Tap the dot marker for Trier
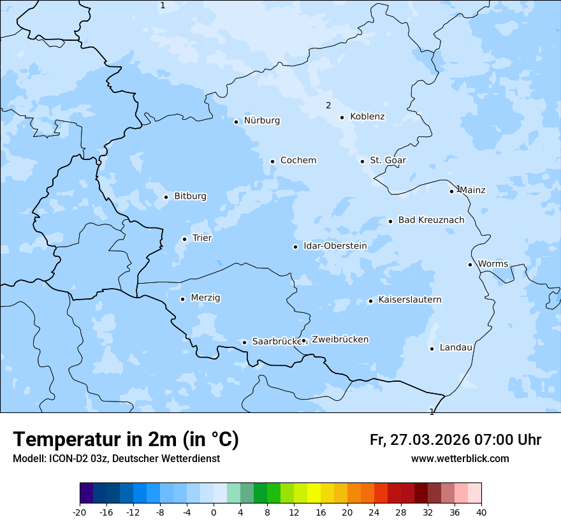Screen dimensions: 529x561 184,239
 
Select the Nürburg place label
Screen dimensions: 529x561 261,120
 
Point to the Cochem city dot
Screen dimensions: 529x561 272,161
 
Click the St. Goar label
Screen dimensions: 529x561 388,161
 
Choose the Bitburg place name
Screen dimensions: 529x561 190,196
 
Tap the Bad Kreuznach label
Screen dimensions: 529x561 431,221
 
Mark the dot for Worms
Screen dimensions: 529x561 470,264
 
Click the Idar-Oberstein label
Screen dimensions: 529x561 335,246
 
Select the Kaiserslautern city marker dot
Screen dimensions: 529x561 370,301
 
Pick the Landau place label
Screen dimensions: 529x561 456,347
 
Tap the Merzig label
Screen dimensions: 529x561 205,298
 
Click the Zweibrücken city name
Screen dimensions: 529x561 340,340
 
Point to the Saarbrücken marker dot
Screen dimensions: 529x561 244,342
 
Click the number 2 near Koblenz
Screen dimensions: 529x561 328,106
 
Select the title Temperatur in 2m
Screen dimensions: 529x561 126,440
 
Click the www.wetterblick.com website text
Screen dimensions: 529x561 460,459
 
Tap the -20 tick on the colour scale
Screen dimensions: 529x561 80,512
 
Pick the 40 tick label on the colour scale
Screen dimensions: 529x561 481,512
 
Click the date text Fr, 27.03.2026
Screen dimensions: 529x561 419,440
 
